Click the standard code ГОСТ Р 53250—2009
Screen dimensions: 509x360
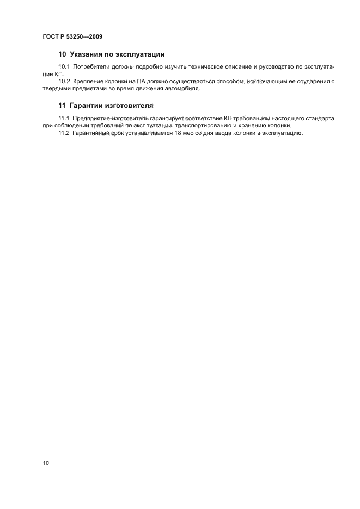click(72, 37)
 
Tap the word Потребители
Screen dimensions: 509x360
click(91, 66)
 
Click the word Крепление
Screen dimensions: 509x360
click(89, 82)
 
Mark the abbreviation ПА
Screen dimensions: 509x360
click(142, 82)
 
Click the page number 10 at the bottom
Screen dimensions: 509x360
click(46, 463)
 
